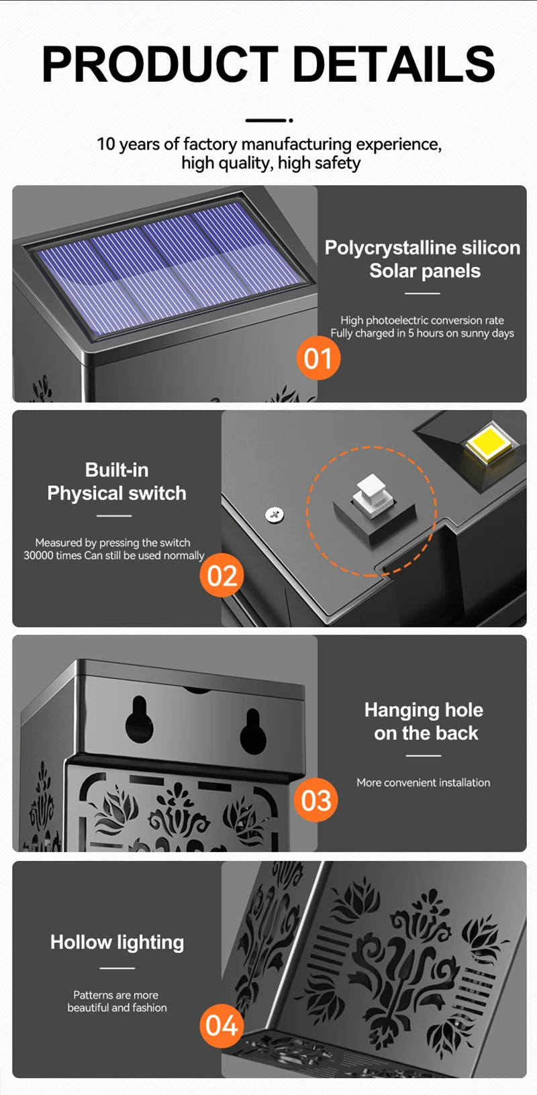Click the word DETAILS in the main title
394,64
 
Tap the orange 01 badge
318,358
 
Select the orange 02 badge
222,576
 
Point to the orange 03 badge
316,800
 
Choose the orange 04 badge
222,1025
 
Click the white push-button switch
373,496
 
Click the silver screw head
275,514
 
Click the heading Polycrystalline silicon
423,248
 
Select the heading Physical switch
117,493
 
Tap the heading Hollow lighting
117,942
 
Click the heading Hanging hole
424,710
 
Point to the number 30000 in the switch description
38,556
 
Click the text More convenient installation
424,782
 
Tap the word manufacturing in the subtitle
297,144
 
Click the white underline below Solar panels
423,293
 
